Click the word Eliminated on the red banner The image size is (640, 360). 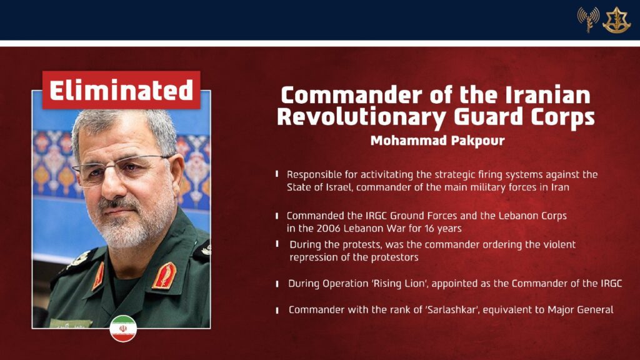tap(121, 90)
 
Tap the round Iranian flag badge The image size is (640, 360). tap(123, 329)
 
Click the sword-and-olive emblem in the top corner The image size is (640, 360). tap(617, 20)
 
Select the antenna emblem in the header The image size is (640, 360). tap(588, 19)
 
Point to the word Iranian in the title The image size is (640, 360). tap(547, 95)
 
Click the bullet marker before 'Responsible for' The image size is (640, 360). tap(277, 174)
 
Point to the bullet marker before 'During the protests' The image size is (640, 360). tap(277, 244)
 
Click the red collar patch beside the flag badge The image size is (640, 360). tap(164, 276)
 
